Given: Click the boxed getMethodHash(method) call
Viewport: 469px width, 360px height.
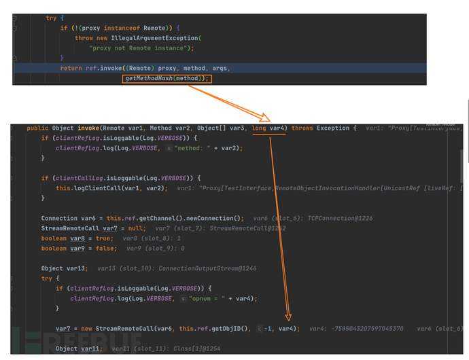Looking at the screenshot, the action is (x=167, y=79).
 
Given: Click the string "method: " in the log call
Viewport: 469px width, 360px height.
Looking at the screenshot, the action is (x=197, y=147).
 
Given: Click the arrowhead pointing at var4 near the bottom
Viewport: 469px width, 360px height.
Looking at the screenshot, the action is (x=290, y=316).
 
